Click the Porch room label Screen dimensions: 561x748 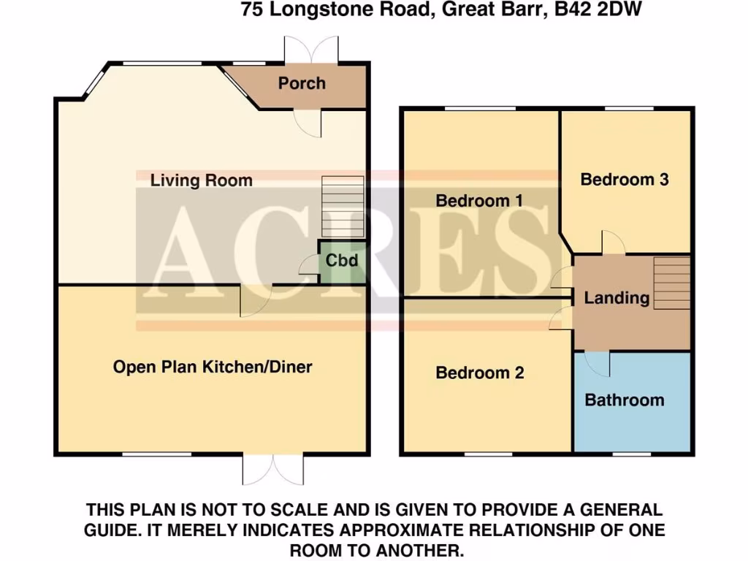coord(301,83)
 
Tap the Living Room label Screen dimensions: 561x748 coord(201,180)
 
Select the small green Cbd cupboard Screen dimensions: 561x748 coord(341,261)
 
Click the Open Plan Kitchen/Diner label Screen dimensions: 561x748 coord(212,367)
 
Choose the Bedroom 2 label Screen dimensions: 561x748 coord(479,373)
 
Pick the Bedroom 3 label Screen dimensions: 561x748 coord(625,180)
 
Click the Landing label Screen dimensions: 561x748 coord(617,298)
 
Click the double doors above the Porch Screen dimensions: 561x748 coord(312,49)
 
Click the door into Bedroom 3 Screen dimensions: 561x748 coord(611,243)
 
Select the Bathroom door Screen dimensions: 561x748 coord(598,364)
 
